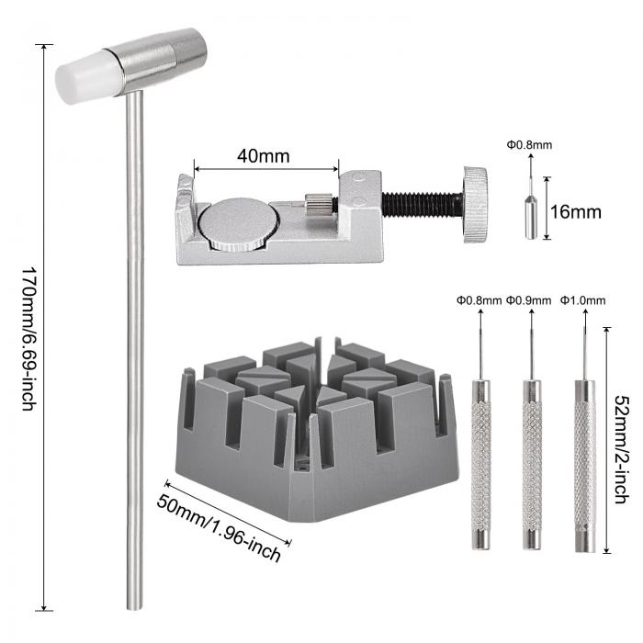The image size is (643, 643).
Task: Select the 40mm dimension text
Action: [x=264, y=156]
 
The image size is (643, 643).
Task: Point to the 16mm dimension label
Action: [x=575, y=212]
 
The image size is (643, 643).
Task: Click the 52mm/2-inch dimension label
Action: [x=622, y=449]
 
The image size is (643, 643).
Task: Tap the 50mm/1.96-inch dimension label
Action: [x=219, y=528]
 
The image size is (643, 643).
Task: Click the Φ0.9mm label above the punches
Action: [x=528, y=300]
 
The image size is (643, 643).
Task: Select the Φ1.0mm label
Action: [x=582, y=300]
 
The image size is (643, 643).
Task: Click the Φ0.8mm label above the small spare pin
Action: [x=529, y=145]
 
